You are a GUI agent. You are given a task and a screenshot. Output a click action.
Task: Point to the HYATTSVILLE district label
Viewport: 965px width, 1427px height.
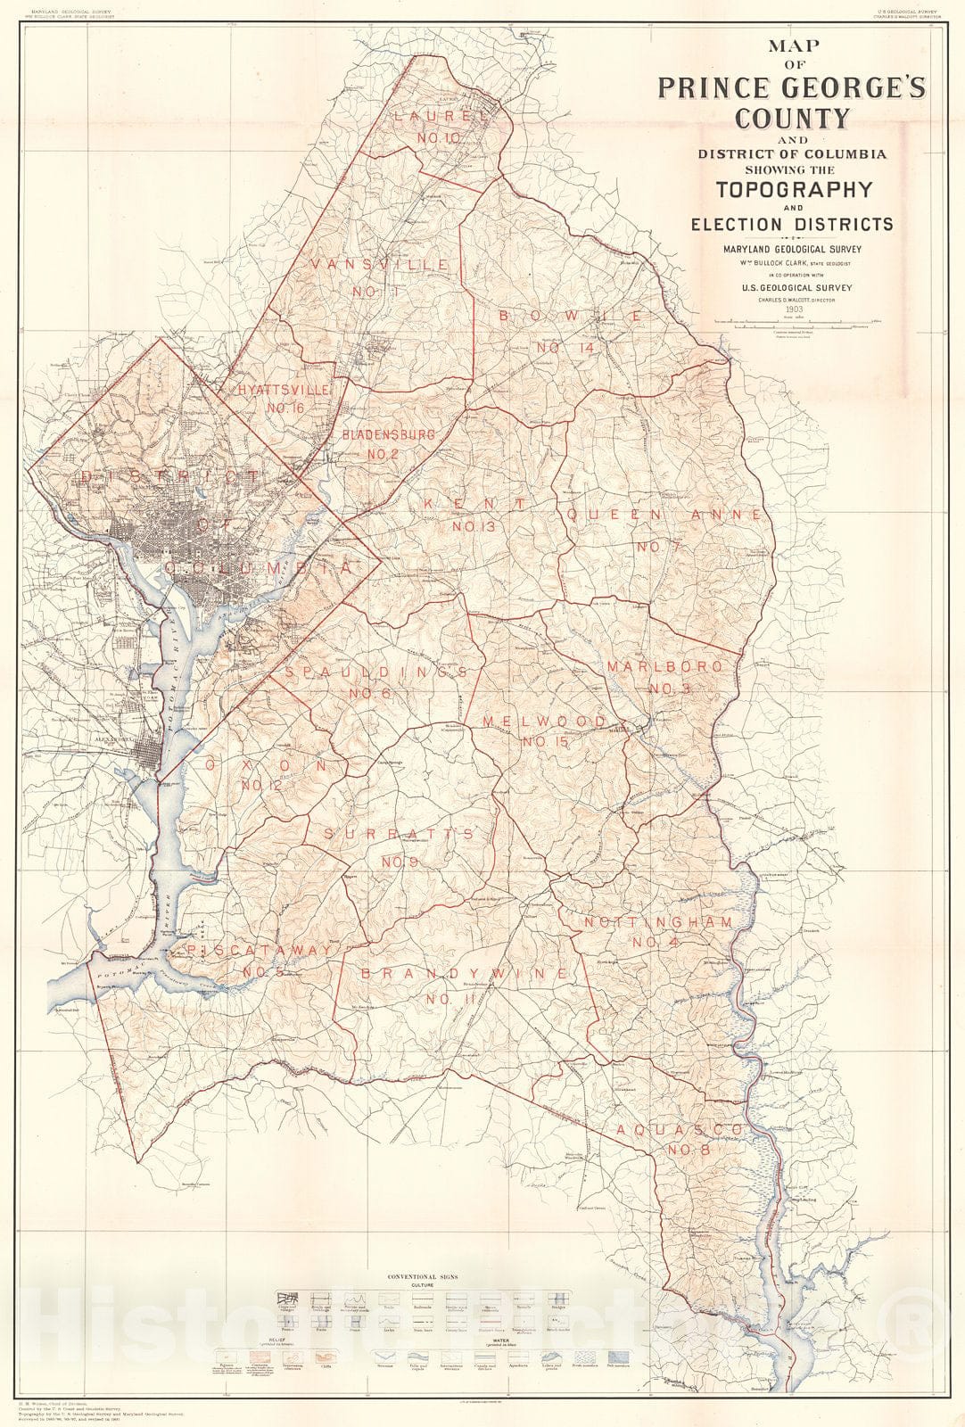click(285, 390)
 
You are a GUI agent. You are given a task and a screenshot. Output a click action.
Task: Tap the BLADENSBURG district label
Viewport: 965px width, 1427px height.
click(389, 434)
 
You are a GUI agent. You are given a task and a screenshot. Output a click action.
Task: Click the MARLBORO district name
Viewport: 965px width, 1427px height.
click(664, 666)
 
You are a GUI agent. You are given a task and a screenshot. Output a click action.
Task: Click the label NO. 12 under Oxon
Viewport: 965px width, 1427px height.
click(261, 785)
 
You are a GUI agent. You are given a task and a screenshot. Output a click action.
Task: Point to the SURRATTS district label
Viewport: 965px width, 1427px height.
click(398, 833)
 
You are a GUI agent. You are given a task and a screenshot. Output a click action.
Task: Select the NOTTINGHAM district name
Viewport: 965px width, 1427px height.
click(656, 921)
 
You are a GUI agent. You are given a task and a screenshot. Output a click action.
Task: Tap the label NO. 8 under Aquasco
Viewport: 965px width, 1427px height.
click(688, 1150)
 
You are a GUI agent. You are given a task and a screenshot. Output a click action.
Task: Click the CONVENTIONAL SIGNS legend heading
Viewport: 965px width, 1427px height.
click(423, 1277)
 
